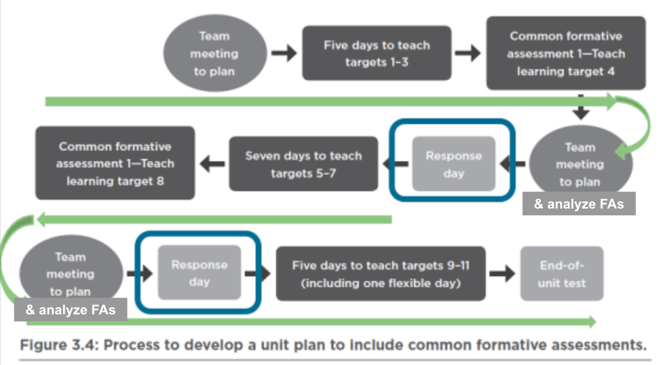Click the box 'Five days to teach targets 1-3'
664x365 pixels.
click(377, 53)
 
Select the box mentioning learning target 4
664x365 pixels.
click(566, 53)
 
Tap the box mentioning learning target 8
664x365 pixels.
click(115, 163)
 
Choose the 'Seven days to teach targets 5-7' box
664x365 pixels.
click(303, 164)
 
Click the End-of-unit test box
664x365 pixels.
click(562, 273)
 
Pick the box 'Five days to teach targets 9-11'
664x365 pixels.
click(381, 273)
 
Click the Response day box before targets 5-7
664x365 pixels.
click(454, 164)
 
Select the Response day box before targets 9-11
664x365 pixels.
click(200, 273)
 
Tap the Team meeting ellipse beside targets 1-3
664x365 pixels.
click(215, 53)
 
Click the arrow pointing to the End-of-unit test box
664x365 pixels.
click(502, 273)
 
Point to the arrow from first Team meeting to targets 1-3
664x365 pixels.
click(284, 53)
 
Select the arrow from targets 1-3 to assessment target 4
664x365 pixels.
click(468, 53)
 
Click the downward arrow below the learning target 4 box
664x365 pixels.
click(581, 107)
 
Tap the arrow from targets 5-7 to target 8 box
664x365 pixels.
click(212, 164)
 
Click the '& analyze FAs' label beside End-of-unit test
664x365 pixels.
click(579, 204)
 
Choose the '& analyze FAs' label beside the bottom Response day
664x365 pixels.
click(71, 309)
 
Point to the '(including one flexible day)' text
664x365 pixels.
click(381, 283)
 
